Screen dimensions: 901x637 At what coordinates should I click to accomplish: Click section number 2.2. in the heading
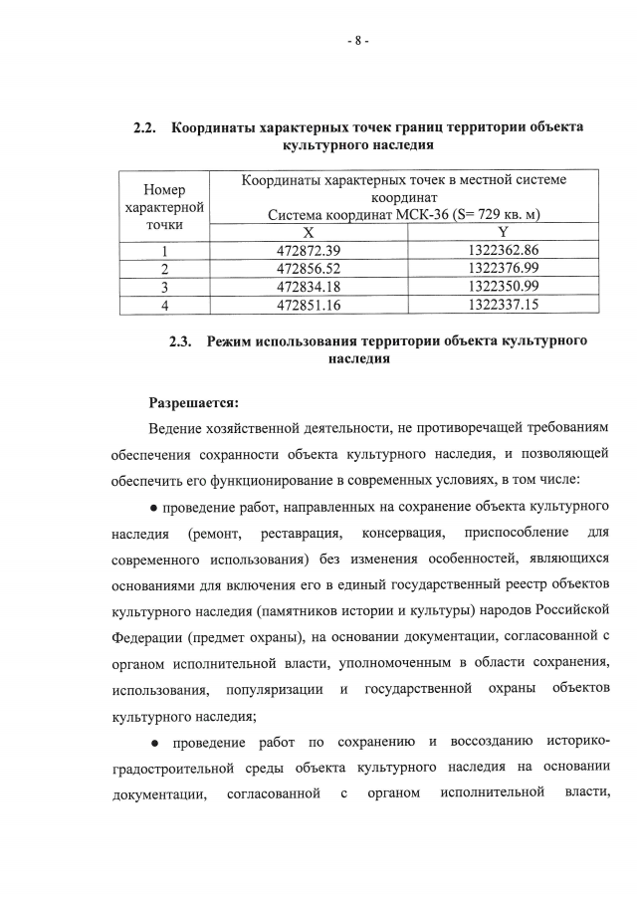click(x=147, y=127)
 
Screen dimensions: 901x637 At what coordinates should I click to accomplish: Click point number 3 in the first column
click(x=164, y=287)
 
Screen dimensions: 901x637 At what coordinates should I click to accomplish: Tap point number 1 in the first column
click(x=164, y=250)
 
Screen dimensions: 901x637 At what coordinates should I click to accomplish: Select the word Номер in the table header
click(x=164, y=189)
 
